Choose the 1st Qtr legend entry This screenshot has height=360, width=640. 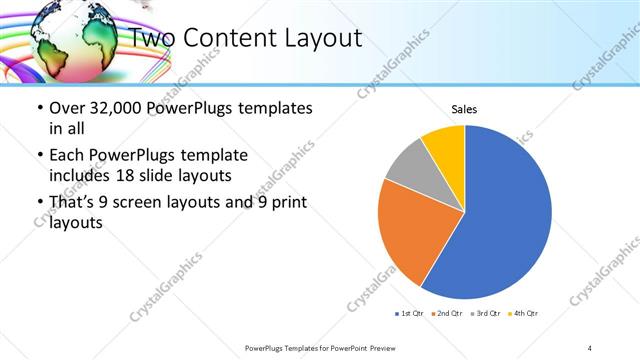(410, 314)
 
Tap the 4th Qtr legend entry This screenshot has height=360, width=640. (525, 314)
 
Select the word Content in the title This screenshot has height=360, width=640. (224, 38)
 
